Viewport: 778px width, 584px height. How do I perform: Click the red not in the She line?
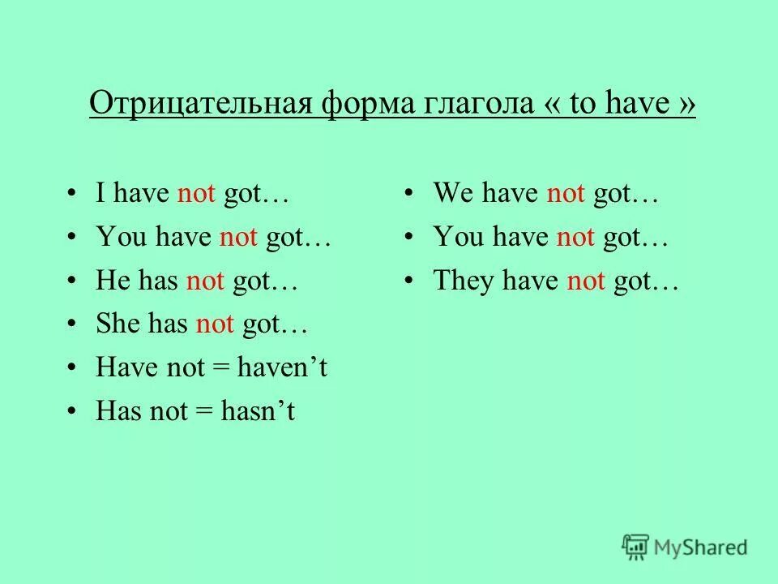[215, 325]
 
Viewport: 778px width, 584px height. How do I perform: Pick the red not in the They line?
[586, 281]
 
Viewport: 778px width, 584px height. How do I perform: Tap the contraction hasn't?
[265, 412]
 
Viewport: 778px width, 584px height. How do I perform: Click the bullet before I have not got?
[75, 195]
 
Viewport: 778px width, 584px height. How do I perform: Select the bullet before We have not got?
[412, 195]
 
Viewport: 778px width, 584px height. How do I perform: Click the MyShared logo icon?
[635, 546]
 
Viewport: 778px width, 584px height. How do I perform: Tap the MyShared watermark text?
[702, 547]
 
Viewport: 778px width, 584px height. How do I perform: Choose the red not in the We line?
[566, 194]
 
